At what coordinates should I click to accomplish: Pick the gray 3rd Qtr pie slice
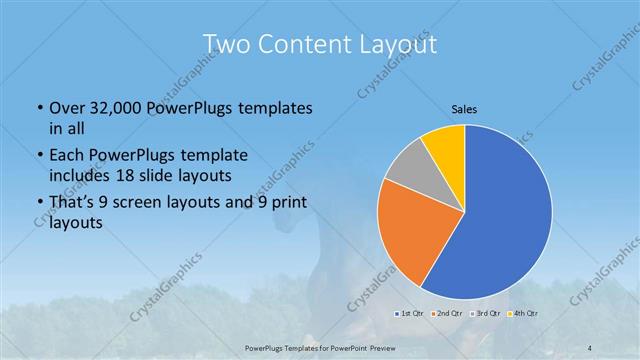(x=408, y=170)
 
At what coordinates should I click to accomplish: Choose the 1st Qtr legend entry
(x=409, y=315)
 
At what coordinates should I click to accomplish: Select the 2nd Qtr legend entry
(x=445, y=315)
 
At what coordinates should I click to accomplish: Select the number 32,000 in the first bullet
(x=112, y=108)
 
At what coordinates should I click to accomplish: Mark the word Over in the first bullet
(x=65, y=108)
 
